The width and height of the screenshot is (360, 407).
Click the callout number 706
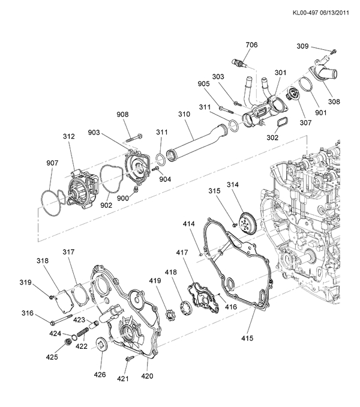pos(251,45)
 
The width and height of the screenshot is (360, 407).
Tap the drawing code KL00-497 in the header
pos(305,13)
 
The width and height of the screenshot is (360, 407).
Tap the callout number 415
pos(247,338)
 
